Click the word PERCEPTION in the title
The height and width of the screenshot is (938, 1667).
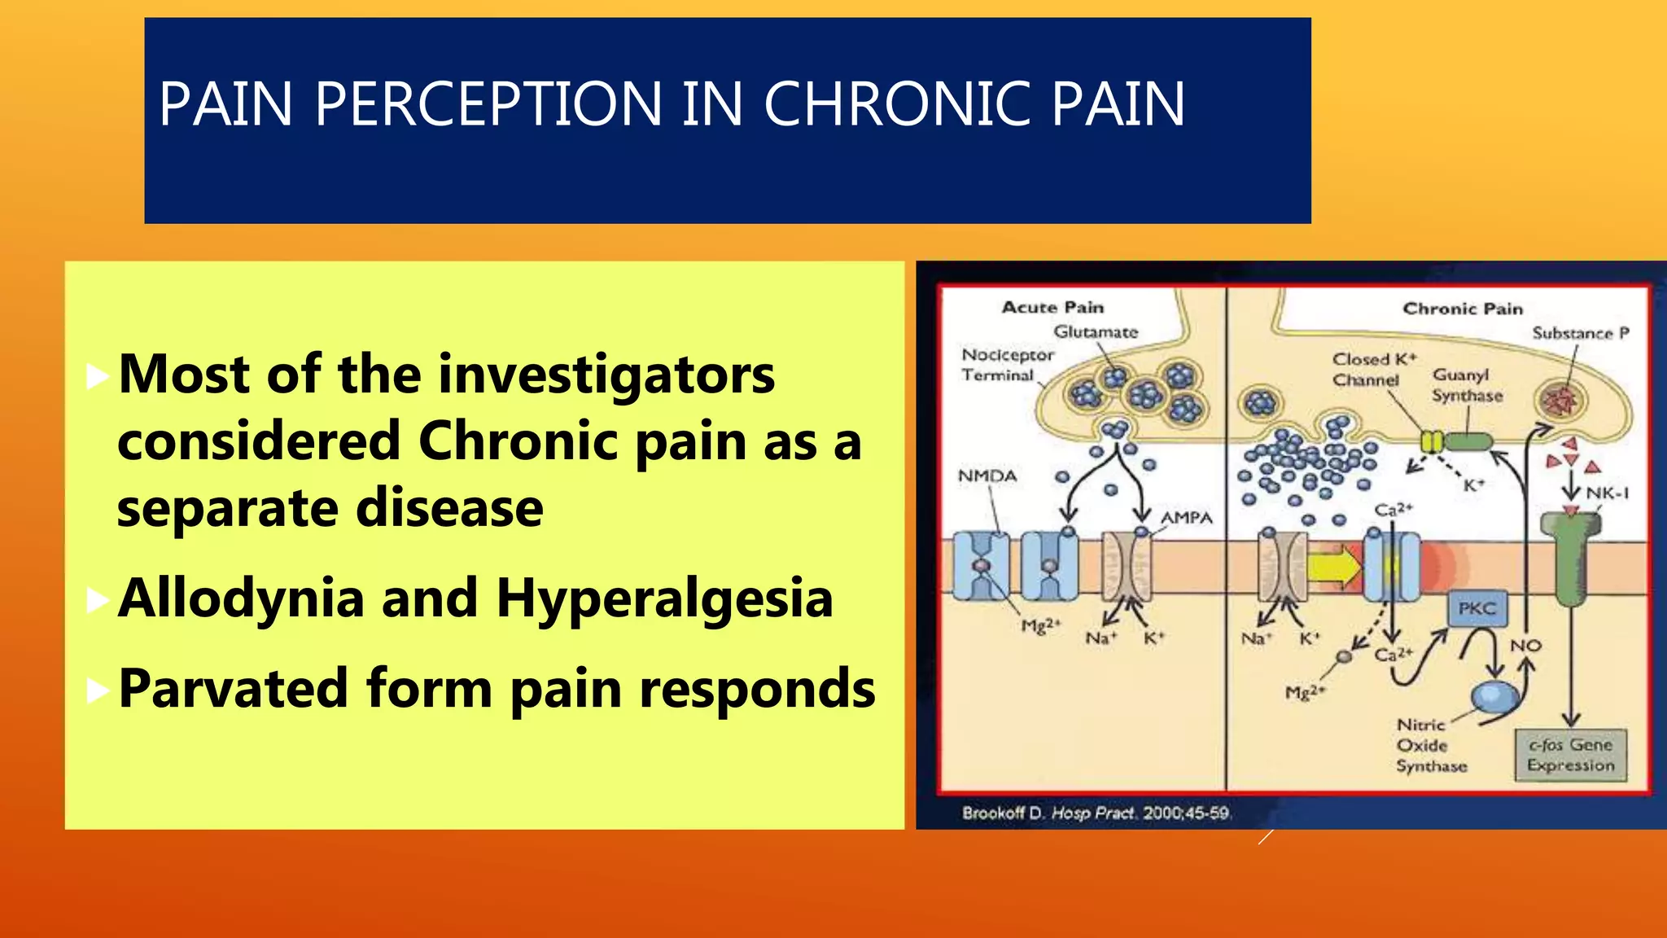pos(488,104)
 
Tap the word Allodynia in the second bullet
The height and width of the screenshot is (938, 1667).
pos(241,598)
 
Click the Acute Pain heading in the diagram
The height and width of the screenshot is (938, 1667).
pos(1052,308)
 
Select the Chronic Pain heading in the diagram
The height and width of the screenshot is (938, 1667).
pos(1462,309)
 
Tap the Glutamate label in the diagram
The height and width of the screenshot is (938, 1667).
pos(1096,332)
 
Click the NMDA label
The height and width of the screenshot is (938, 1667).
pos(987,476)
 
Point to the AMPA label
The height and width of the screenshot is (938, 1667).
pos(1186,518)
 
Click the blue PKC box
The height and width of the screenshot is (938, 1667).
pos(1477,608)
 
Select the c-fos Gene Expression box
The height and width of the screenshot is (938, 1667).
pos(1570,755)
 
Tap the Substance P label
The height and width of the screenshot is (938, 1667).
pos(1580,333)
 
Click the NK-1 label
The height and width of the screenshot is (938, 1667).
pos(1607,493)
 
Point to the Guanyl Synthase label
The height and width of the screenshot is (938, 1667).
pos(1467,385)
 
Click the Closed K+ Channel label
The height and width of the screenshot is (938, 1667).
pos(1373,370)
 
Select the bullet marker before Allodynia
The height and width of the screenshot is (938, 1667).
pos(97,600)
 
